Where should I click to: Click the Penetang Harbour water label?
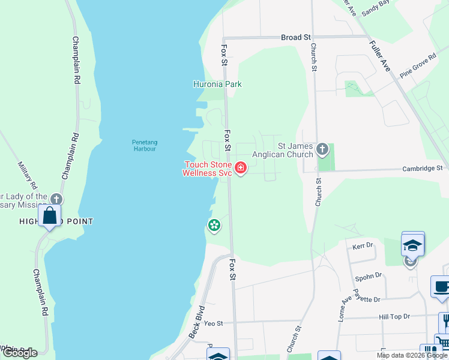point(144,145)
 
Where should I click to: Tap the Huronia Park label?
point(217,84)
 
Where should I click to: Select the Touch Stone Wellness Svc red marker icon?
point(241,167)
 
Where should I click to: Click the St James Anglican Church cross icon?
point(322,149)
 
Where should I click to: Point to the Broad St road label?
point(295,37)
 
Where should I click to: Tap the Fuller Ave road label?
point(380,56)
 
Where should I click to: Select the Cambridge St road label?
point(422,169)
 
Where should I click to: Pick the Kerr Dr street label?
point(363,246)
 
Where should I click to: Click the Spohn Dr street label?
point(369,275)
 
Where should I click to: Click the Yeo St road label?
point(213,323)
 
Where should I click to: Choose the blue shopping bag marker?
point(50,215)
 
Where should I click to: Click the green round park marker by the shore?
point(213,226)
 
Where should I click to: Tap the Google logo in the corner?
point(19,352)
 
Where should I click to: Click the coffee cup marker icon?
point(442,287)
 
